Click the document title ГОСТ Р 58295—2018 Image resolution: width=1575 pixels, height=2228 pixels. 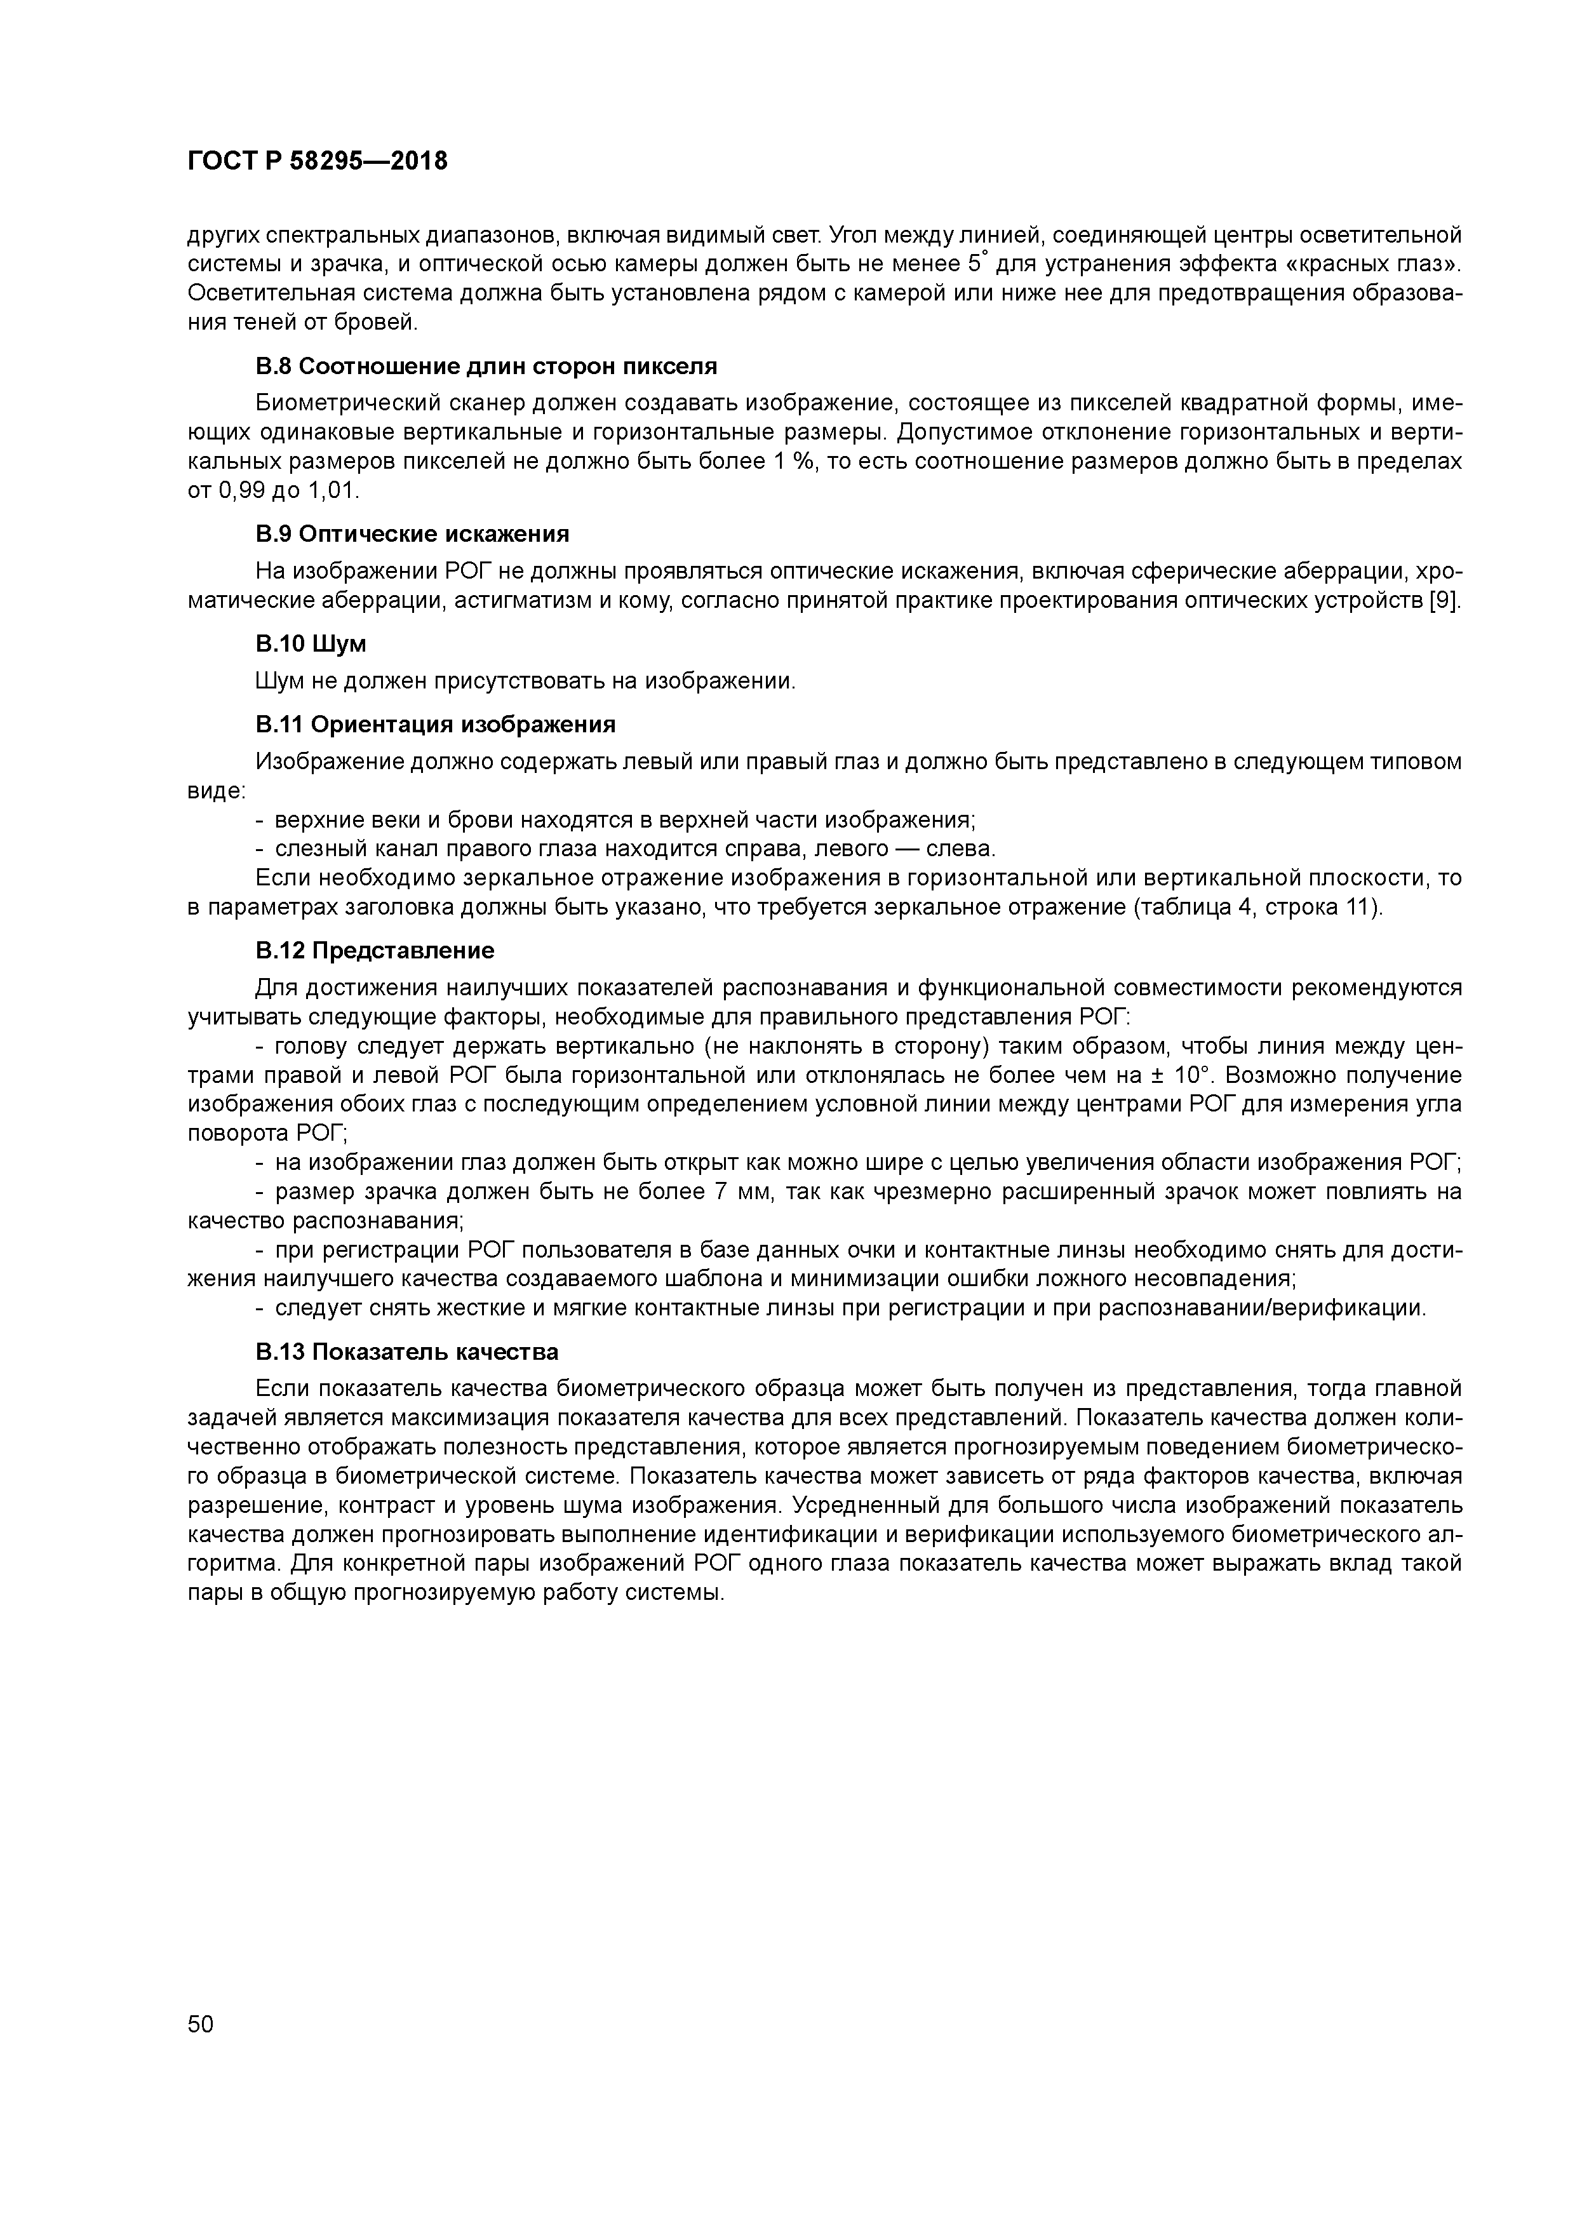(x=318, y=161)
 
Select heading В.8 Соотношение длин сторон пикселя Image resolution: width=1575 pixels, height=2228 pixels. (x=486, y=367)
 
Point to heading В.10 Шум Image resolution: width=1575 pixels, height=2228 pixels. (x=311, y=643)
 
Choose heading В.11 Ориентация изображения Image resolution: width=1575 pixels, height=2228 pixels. (x=436, y=725)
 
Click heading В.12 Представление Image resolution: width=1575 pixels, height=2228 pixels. (x=375, y=950)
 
